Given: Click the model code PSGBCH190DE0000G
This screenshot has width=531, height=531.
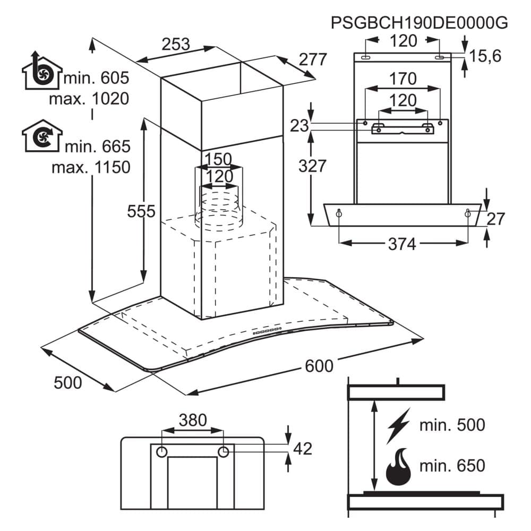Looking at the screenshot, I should click(419, 23).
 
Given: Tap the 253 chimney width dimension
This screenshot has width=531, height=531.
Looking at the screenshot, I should click(176, 45).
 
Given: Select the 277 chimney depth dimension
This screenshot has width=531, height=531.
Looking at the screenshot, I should click(313, 59).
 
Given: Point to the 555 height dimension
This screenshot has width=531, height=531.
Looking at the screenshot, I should click(141, 211).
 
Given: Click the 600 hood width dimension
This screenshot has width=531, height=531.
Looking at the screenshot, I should click(319, 366).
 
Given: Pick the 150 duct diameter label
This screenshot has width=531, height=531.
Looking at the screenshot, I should click(218, 159).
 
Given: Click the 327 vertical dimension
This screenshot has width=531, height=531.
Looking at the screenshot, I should click(312, 166).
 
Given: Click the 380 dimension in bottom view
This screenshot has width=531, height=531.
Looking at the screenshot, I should click(192, 421).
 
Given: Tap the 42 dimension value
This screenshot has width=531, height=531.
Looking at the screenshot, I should click(302, 449).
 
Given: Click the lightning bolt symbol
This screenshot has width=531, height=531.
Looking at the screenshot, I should click(398, 425).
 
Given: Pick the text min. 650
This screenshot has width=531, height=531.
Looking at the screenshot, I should click(452, 466).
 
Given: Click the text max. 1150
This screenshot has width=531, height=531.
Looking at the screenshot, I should click(91, 167).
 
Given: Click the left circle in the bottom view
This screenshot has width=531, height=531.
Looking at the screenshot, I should click(161, 452).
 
